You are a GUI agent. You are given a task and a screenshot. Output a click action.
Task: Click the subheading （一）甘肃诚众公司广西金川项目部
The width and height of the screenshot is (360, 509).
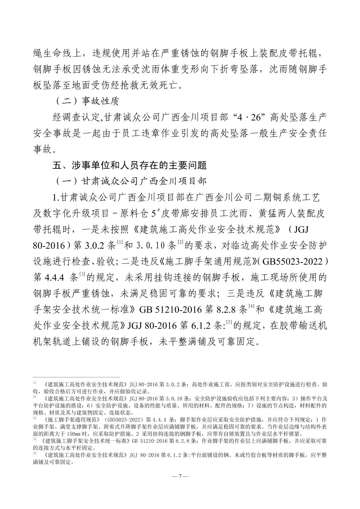click(x=131, y=181)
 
